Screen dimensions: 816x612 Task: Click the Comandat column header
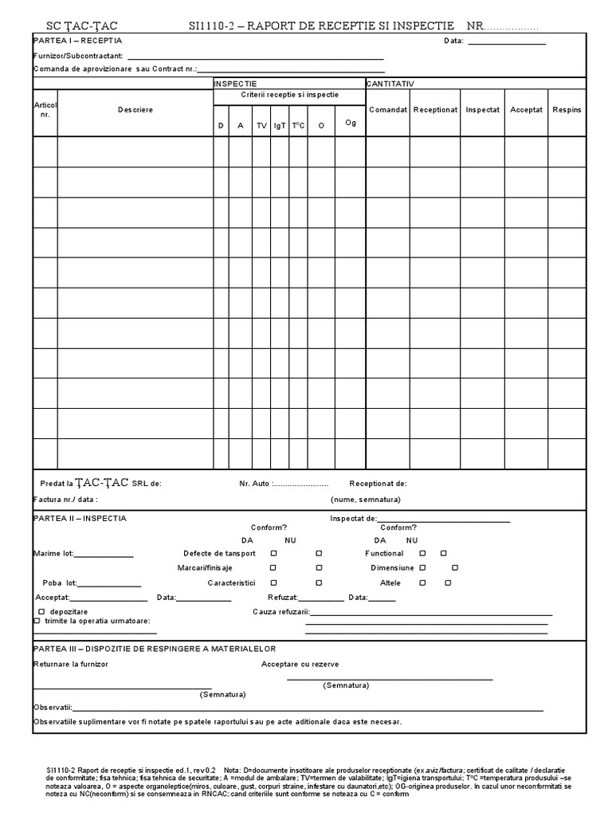click(x=388, y=109)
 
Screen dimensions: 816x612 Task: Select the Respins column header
click(x=567, y=109)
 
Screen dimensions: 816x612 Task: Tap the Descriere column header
click(x=135, y=110)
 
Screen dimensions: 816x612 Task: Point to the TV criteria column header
click(x=261, y=126)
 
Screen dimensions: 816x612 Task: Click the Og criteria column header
click(x=350, y=123)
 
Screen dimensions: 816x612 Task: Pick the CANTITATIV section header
click(x=390, y=83)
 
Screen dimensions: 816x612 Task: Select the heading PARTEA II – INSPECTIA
click(x=80, y=519)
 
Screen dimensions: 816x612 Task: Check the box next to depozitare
click(x=37, y=611)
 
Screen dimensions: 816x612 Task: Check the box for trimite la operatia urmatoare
click(x=37, y=621)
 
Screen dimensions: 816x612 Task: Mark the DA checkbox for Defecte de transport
click(x=273, y=553)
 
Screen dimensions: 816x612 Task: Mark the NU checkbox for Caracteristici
click(x=319, y=583)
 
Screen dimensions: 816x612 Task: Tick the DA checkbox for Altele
click(x=422, y=583)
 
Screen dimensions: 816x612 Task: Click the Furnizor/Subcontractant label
click(x=78, y=56)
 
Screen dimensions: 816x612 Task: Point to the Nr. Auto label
click(x=254, y=484)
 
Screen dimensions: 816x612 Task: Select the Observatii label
click(x=53, y=707)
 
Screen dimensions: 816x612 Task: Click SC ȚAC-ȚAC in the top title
click(x=76, y=26)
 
